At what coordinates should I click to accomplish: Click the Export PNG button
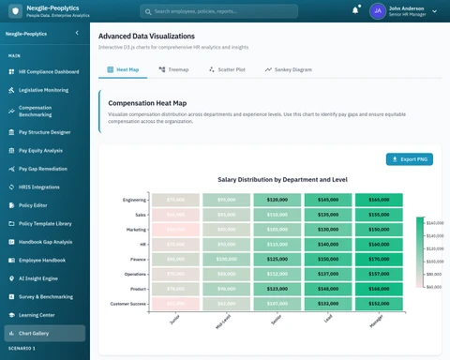pyautogui.click(x=410, y=159)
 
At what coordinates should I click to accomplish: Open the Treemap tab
pyautogui.click(x=173, y=69)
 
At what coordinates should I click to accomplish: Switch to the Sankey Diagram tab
pyautogui.click(x=288, y=69)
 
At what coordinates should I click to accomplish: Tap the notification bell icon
pyautogui.click(x=355, y=10)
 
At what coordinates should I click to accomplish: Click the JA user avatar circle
pyautogui.click(x=377, y=11)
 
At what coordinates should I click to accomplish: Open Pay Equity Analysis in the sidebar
pyautogui.click(x=40, y=150)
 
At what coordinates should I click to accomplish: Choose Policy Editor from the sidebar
pyautogui.click(x=34, y=203)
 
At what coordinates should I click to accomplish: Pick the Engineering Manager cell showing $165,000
pyautogui.click(x=379, y=200)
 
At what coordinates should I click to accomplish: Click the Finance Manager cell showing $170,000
pyautogui.click(x=379, y=259)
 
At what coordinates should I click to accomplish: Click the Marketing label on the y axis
pyautogui.click(x=136, y=229)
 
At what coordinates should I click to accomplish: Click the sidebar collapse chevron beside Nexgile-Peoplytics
pyautogui.click(x=76, y=33)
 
